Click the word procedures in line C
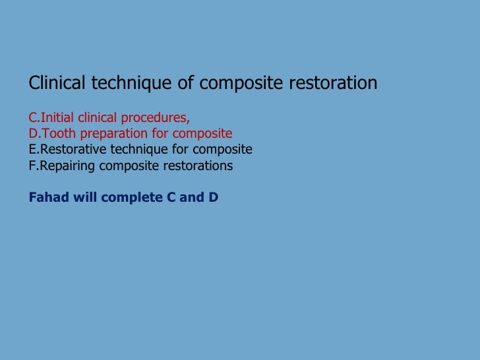tap(158, 118)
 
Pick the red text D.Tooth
tap(52, 134)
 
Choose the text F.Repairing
tap(62, 165)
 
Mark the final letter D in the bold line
tap(213, 197)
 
